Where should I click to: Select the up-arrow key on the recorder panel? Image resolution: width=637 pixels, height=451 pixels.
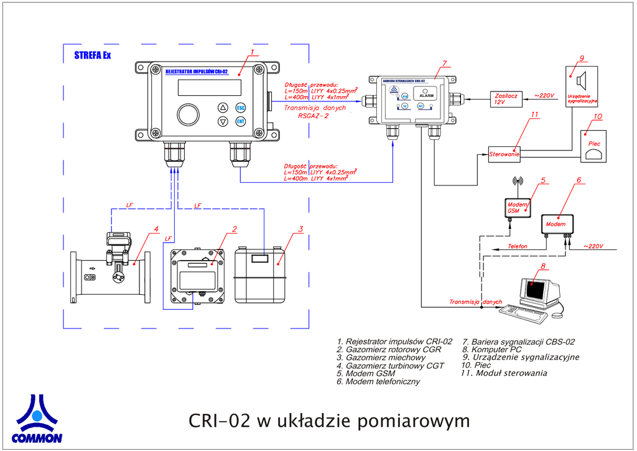(x=223, y=107)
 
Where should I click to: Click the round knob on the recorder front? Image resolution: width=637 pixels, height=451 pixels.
(x=188, y=114)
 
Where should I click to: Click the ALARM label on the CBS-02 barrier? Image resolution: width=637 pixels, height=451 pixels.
(x=427, y=96)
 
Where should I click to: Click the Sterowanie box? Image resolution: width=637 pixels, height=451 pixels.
(x=504, y=154)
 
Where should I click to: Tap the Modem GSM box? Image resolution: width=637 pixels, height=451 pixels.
(x=518, y=207)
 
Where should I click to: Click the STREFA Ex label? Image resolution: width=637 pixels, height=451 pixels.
(x=92, y=55)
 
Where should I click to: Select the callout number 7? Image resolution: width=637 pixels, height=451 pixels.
(x=445, y=63)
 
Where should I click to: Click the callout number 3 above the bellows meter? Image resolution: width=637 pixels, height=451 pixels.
(x=300, y=228)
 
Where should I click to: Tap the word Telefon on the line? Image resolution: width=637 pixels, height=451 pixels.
(x=518, y=246)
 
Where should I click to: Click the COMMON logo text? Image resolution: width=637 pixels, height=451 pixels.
(x=37, y=438)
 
